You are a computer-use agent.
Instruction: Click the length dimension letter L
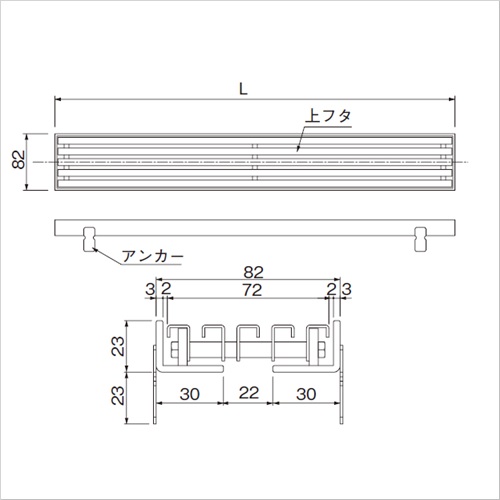point(244,88)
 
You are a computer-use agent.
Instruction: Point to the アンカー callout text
point(151,256)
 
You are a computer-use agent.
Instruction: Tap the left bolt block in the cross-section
point(177,349)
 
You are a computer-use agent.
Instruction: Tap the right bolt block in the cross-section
point(323,349)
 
